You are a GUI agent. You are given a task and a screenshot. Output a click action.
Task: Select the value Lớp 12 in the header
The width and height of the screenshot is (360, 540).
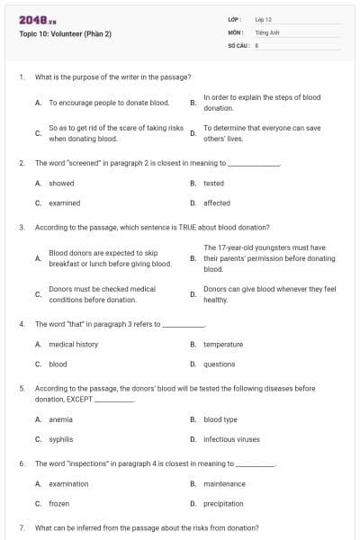click(264, 19)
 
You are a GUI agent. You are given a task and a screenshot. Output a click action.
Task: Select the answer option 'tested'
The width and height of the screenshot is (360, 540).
click(213, 183)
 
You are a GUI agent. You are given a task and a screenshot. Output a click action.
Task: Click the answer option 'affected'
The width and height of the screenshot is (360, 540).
click(217, 203)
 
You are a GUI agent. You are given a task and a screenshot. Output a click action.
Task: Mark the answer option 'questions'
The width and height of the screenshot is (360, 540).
click(219, 364)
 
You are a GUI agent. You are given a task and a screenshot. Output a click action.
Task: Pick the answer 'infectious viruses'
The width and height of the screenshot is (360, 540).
click(231, 439)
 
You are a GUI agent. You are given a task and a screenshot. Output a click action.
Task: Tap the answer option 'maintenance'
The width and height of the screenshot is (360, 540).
click(224, 484)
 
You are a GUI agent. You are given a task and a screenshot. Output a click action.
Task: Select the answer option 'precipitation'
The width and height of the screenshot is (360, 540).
click(224, 504)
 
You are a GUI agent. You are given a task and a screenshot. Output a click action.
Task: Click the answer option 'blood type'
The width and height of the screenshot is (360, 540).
click(220, 419)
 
